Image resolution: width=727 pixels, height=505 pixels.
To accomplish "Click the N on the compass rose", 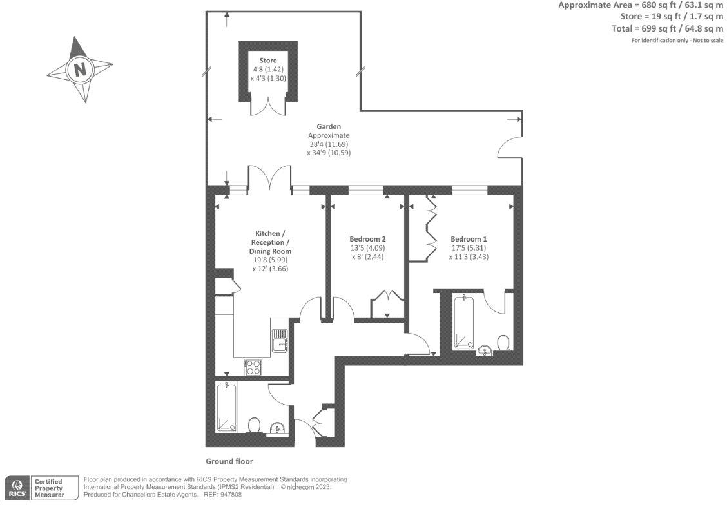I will point(81,70).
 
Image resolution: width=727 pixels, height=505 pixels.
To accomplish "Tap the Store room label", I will point(268,61).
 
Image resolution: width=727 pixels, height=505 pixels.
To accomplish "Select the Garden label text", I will point(328,126).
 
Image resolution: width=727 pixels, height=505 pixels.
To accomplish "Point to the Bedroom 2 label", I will point(367,238).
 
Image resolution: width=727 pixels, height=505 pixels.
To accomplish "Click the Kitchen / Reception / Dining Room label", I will point(270,242).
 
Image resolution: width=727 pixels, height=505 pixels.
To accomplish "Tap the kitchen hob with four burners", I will point(253,367).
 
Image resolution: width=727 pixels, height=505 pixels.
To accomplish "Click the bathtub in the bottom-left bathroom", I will point(226,407).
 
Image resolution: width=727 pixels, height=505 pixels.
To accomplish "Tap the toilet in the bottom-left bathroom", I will point(255,425).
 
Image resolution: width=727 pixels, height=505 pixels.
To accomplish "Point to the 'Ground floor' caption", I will point(229,461).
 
